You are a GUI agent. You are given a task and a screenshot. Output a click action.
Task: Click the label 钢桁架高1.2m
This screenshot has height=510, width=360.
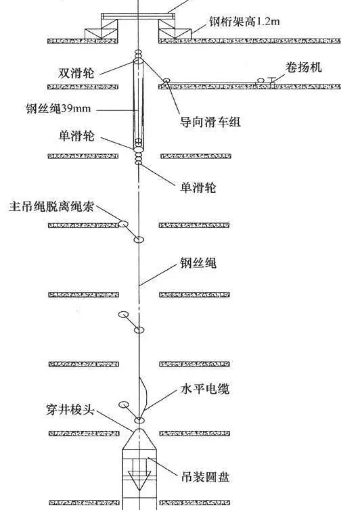[x=244, y=22]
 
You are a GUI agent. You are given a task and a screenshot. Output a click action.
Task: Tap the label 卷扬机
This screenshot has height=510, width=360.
[x=303, y=67]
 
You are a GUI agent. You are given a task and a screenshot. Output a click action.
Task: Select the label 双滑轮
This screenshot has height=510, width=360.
[x=76, y=73]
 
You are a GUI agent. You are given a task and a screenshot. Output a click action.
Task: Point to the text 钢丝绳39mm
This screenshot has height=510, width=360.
[x=58, y=108]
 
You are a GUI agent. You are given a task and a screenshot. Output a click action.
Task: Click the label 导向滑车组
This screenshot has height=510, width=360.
[x=210, y=122]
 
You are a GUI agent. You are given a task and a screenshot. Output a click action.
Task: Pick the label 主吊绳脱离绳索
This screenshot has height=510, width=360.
[x=51, y=206]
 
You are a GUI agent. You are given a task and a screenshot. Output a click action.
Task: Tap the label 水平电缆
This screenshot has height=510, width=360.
[x=205, y=389]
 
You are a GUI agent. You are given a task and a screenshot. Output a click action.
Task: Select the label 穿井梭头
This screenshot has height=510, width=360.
[x=70, y=409]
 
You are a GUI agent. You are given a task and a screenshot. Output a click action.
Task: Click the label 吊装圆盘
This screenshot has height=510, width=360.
[x=206, y=477]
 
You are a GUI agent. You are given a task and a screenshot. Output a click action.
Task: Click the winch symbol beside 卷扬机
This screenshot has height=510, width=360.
[x=267, y=80]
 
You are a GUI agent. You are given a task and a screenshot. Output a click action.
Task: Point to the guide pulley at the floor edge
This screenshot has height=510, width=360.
[x=166, y=80]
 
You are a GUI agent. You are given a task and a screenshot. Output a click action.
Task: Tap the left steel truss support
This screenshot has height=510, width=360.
[x=102, y=29]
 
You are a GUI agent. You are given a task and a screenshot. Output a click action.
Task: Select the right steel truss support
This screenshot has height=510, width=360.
[x=175, y=29]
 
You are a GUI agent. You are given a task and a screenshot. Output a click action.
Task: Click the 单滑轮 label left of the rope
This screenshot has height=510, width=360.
[x=76, y=135]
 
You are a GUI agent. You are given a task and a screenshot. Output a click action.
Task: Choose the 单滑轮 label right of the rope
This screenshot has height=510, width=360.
[x=198, y=187]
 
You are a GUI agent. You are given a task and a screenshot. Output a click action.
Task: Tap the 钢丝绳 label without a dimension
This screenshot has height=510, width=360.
[x=198, y=263]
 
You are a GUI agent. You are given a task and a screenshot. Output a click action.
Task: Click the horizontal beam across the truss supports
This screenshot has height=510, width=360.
[x=138, y=16]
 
